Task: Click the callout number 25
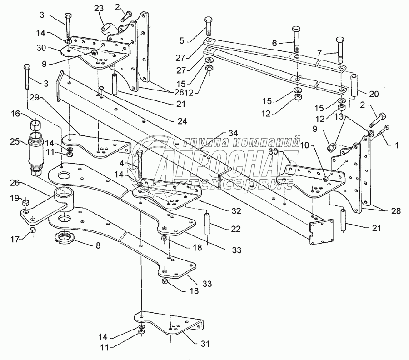coord(15,142)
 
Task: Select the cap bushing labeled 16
coord(35,125)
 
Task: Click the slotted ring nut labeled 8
coord(65,237)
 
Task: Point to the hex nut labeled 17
coord(32,230)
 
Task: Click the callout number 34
coord(233,133)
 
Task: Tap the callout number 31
coord(205,344)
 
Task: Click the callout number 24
coord(182,121)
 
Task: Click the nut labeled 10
coord(325,179)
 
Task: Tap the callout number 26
coord(15,183)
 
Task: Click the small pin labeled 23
coord(106,28)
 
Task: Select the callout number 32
coord(236,211)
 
